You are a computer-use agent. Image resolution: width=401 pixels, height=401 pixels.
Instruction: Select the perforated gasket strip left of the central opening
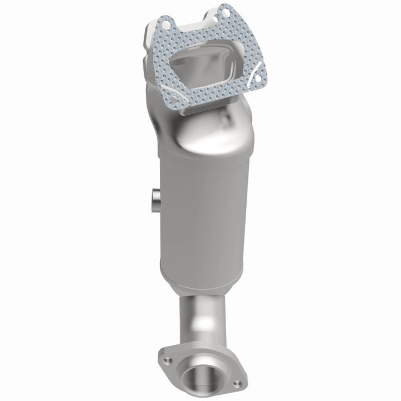[x=167, y=61]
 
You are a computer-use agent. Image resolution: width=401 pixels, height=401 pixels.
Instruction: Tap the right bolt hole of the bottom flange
[x=237, y=384]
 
